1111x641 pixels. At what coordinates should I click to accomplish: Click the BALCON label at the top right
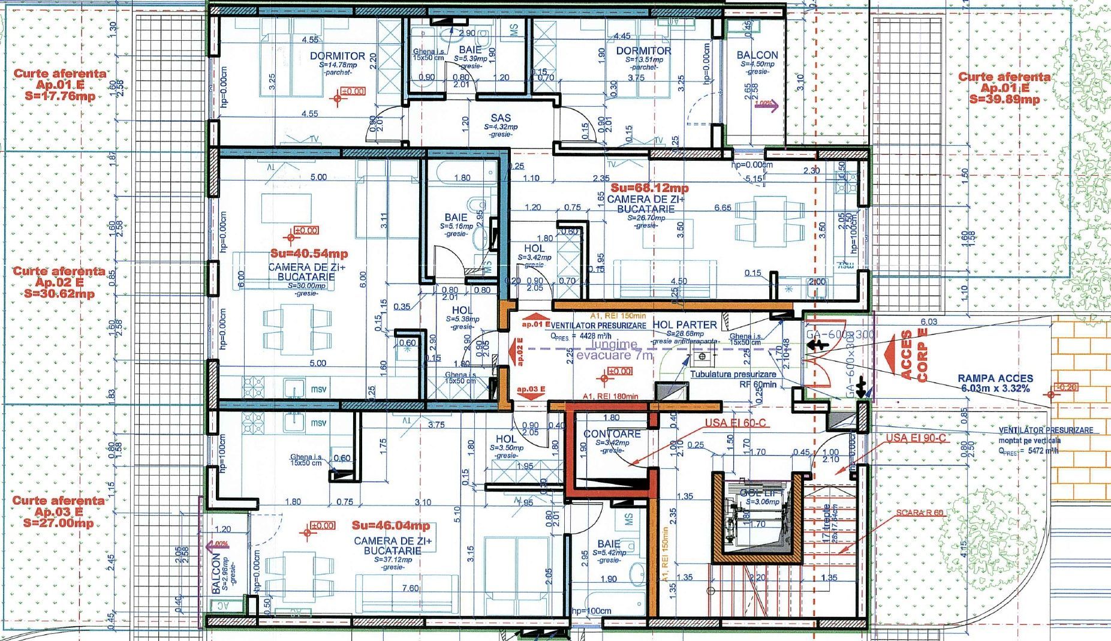click(757, 55)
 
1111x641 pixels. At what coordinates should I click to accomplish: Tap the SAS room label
click(501, 118)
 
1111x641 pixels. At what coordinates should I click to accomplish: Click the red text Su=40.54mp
click(308, 254)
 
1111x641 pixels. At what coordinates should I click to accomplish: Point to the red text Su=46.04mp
click(390, 526)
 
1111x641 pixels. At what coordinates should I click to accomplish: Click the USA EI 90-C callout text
click(916, 438)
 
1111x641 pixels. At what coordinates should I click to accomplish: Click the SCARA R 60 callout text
click(920, 513)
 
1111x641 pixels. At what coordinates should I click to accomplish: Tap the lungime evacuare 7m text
click(613, 350)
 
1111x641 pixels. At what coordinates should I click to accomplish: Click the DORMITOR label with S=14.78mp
click(338, 56)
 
